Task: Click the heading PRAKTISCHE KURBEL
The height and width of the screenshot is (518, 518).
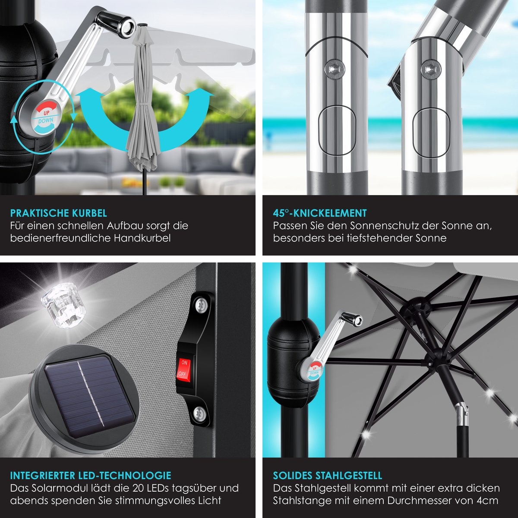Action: [x=59, y=213]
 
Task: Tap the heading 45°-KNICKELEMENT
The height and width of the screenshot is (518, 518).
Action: [x=319, y=213]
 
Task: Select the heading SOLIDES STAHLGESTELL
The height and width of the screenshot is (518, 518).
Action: [x=327, y=476]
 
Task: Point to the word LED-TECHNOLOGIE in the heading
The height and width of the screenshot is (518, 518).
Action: [x=125, y=476]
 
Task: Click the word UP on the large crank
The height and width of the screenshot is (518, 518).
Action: [x=46, y=113]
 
